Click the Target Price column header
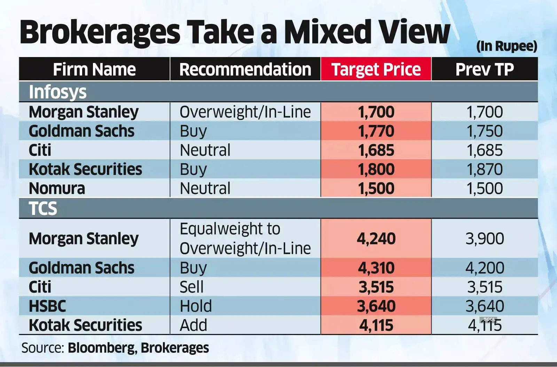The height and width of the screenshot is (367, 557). pyautogui.click(x=376, y=70)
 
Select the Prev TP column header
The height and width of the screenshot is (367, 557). pyautogui.click(x=484, y=70)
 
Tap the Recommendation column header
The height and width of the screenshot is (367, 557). pyautogui.click(x=245, y=70)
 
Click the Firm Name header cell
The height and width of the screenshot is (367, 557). pyautogui.click(x=94, y=70)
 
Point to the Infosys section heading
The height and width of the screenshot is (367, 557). pyautogui.click(x=58, y=92)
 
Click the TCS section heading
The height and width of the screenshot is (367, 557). pyautogui.click(x=43, y=209)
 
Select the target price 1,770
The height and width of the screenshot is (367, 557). pyautogui.click(x=376, y=131)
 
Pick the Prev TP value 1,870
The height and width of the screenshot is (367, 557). pyautogui.click(x=484, y=169)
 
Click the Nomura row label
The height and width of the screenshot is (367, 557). pyautogui.click(x=57, y=189)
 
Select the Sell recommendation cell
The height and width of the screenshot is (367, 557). pyautogui.click(x=191, y=287)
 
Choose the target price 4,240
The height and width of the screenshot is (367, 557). pyautogui.click(x=376, y=239)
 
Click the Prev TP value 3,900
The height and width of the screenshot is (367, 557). pyautogui.click(x=484, y=239)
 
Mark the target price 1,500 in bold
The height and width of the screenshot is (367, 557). pyautogui.click(x=376, y=189)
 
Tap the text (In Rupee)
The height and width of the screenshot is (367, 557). pyautogui.click(x=507, y=46)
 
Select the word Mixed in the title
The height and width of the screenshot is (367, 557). pyautogui.click(x=328, y=32)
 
